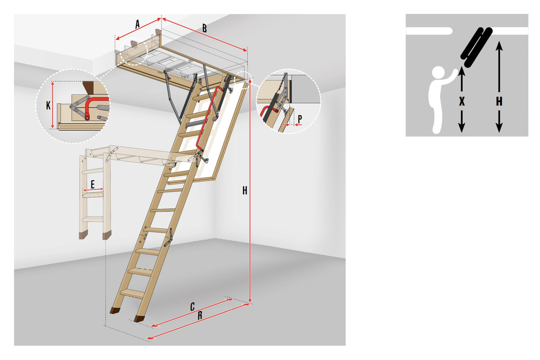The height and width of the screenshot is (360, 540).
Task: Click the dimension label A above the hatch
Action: point(137,24)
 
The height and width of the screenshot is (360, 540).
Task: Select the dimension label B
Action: point(204,28)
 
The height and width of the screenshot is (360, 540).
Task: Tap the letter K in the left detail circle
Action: point(48,105)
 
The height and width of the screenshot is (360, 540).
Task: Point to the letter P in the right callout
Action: point(300,119)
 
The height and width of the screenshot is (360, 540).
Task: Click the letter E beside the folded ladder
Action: point(93,184)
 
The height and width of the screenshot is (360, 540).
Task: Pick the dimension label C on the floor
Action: point(192,307)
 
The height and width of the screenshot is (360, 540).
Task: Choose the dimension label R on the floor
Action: point(200,316)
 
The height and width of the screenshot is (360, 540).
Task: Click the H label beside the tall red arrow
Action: point(245,191)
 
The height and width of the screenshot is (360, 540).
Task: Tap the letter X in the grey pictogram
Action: point(462,102)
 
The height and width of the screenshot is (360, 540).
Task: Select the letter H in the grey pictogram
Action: point(499,102)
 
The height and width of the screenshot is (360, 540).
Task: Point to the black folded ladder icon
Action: point(476,47)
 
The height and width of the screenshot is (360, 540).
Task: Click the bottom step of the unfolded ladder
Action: point(132,294)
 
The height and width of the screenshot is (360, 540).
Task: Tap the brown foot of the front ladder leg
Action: point(139,319)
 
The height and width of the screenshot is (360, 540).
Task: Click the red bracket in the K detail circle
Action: point(89,108)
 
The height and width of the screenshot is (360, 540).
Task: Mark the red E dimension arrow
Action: point(93,190)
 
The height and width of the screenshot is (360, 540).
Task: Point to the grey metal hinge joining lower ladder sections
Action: point(168,238)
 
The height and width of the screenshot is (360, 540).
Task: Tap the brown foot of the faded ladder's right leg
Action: point(107,235)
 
